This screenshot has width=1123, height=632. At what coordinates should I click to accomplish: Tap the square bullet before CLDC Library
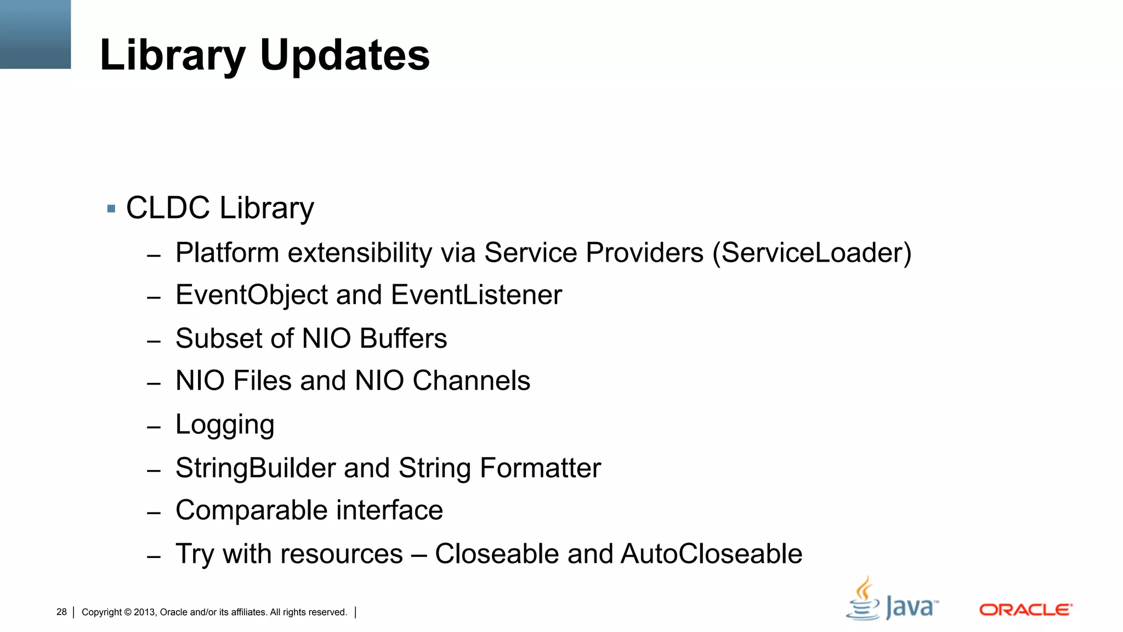click(x=111, y=208)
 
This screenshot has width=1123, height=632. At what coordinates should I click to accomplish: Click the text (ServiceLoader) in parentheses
click(x=812, y=253)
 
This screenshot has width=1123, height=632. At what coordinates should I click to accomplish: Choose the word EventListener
click(x=477, y=295)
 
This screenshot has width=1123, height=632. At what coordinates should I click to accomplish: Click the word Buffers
click(x=403, y=338)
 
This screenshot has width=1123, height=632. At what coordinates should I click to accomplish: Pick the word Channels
click(x=471, y=381)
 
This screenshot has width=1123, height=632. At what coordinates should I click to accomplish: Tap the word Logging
click(x=225, y=425)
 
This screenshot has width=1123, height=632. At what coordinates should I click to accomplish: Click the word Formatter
click(x=540, y=468)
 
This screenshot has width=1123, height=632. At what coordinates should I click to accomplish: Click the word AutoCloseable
click(x=711, y=554)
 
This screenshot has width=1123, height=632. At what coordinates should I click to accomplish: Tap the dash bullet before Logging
click(x=154, y=427)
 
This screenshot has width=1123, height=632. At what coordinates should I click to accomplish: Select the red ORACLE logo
click(x=1025, y=610)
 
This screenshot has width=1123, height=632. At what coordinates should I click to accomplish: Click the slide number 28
click(x=61, y=612)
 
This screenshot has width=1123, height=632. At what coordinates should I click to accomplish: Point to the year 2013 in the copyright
click(x=144, y=612)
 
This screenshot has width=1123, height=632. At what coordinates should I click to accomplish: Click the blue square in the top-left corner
click(x=35, y=34)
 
